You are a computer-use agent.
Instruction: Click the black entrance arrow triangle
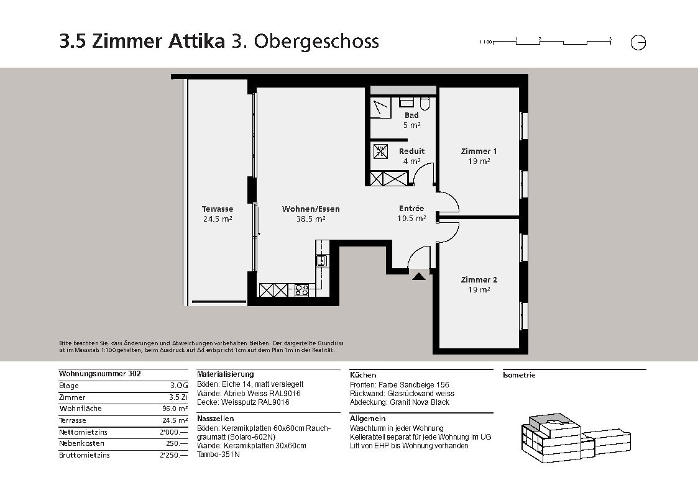[418, 276]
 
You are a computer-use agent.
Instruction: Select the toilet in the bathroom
[425, 103]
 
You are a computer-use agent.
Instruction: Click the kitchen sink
[321, 261]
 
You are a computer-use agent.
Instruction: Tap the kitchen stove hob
[301, 291]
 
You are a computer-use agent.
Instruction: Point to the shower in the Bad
[380, 107]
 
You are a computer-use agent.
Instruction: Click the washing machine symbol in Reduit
[380, 151]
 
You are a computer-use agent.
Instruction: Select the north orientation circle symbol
[638, 43]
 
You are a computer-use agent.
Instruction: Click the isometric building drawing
[576, 438]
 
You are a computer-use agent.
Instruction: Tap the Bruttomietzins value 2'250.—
[173, 455]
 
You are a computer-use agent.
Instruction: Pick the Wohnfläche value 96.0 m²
[175, 409]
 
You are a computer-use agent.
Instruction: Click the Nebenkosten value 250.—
[177, 443]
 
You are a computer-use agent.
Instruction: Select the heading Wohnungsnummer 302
[99, 374]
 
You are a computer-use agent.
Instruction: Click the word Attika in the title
[196, 42]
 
